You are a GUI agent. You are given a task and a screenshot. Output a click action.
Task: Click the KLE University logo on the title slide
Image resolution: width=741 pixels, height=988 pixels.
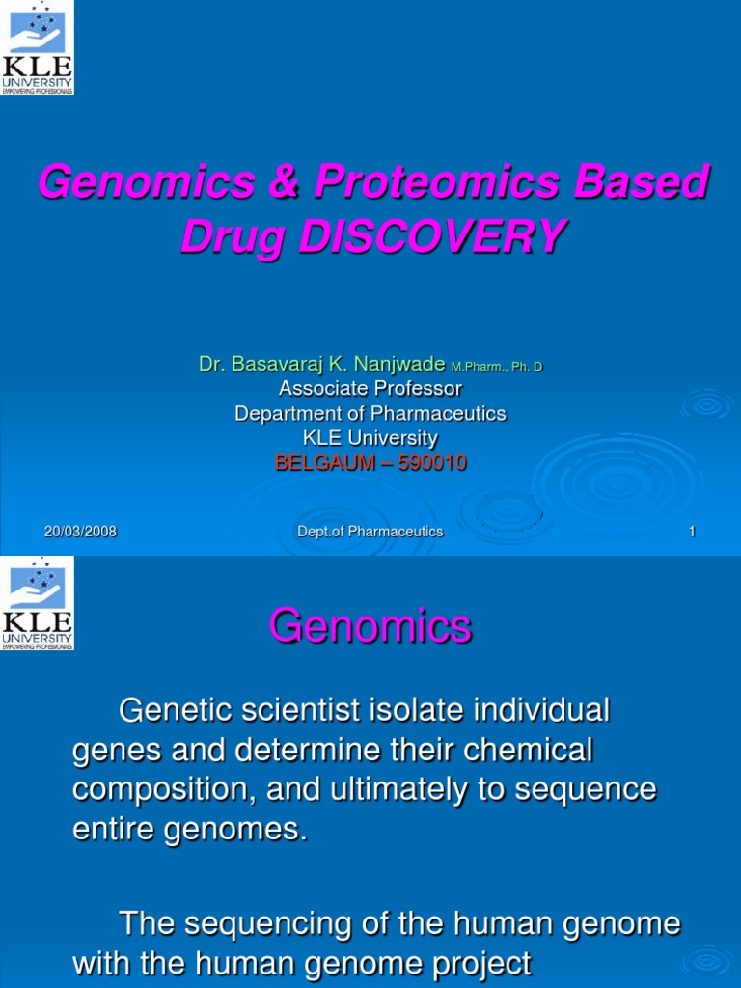(x=37, y=47)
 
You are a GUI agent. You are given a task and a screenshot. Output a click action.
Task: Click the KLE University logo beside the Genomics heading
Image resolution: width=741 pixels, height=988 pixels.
(x=37, y=603)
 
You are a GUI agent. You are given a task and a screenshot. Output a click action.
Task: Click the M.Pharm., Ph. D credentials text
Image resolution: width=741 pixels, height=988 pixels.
(x=496, y=366)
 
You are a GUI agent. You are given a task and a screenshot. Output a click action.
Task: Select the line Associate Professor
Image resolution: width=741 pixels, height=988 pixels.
(x=370, y=388)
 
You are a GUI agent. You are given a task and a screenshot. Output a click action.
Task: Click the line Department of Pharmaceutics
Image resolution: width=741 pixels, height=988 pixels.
(x=370, y=413)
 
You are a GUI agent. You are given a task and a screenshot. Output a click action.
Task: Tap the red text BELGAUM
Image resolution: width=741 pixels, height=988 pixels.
(x=324, y=463)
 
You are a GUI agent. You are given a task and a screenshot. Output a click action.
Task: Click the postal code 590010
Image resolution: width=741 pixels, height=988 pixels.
(x=430, y=463)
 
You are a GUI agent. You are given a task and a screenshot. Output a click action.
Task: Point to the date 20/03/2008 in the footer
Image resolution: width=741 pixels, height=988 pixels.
(x=81, y=532)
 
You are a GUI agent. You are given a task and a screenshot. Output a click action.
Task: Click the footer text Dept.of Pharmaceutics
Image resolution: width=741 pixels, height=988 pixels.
(x=370, y=532)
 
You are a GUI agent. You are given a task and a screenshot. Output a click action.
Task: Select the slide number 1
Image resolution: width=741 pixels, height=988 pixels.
(x=692, y=532)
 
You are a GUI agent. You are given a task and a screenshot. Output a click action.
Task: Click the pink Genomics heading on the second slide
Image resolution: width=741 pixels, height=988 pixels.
(x=370, y=627)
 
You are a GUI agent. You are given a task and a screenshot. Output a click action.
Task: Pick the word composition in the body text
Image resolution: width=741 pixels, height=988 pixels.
(x=156, y=788)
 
